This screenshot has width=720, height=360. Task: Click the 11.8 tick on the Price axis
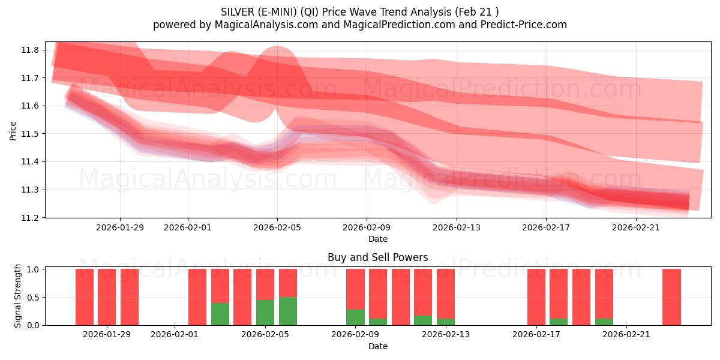[32, 50]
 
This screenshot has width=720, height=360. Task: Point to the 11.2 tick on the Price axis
[32, 218]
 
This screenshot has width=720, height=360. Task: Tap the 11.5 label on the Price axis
[32, 134]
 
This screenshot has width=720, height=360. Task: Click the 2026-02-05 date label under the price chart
[277, 227]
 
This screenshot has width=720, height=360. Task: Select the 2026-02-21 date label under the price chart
[635, 227]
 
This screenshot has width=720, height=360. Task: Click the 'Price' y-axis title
[13, 130]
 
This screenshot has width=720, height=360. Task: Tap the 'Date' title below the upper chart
[378, 239]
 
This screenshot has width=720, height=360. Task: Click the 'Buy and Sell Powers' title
[378, 257]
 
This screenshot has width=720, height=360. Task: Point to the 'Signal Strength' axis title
[18, 296]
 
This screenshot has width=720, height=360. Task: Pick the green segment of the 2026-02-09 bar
[355, 317]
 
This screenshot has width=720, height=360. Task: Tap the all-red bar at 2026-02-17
[536, 297]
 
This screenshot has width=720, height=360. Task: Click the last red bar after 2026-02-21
[671, 297]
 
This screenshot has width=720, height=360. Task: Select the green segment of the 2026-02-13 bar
[446, 322]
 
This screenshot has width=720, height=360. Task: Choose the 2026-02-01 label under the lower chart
[175, 335]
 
